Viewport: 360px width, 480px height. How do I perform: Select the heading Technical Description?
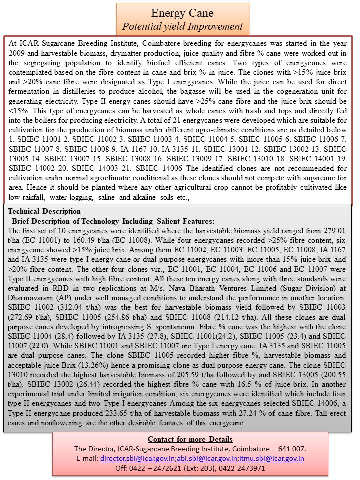click(44, 211)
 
